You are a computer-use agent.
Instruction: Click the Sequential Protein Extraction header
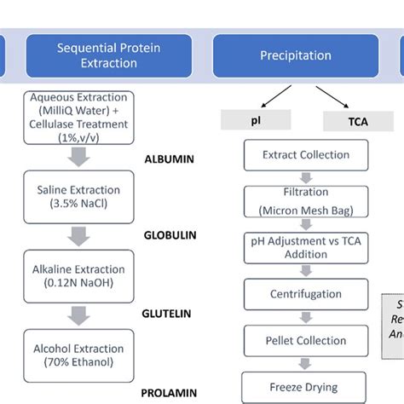(108, 56)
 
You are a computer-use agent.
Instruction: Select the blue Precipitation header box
(295, 56)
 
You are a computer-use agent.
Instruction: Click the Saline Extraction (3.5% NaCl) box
(78, 196)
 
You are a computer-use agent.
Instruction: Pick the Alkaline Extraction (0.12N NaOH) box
(78, 274)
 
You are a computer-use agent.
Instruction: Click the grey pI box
(256, 122)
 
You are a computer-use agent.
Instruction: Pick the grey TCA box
(356, 122)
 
